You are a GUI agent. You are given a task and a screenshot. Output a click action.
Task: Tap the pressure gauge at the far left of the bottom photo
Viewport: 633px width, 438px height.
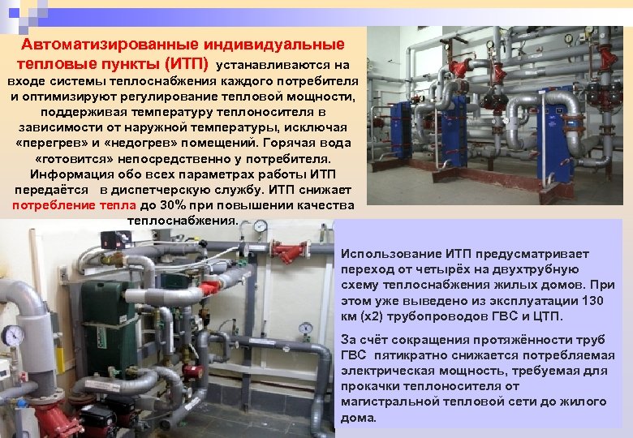point(13,334)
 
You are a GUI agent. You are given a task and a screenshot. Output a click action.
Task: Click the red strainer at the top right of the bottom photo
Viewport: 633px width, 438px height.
point(289,252)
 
